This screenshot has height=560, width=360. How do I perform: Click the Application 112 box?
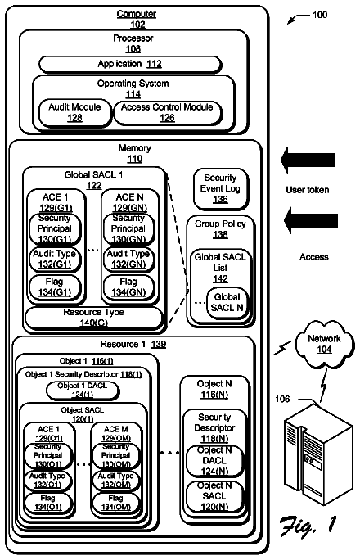130,65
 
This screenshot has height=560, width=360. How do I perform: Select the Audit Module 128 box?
74,113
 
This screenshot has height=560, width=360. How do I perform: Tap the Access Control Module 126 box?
168,113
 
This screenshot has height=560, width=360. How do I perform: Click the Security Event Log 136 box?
220,189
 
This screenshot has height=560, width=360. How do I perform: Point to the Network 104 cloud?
325,344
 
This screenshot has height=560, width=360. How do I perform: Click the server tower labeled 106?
318,454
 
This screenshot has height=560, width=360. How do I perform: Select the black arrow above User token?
308,160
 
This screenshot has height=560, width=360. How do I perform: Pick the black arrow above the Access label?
310,220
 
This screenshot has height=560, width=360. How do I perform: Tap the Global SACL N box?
227,302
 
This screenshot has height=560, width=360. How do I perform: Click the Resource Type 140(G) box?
94,318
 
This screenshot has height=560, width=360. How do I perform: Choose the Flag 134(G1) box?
55,287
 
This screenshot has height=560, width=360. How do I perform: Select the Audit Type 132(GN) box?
128,259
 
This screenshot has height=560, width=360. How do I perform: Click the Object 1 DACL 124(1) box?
83,391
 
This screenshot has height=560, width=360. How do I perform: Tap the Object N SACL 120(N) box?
214,496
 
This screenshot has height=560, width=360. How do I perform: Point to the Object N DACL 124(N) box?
214,461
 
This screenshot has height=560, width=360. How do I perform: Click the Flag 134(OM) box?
116,503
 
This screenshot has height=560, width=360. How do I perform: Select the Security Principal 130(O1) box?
48,455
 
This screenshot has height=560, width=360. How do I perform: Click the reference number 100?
320,15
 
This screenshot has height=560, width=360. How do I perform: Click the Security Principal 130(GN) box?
128,228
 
